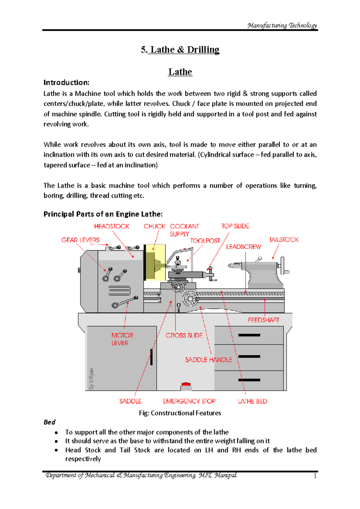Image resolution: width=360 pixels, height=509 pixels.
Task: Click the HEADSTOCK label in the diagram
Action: pos(112,226)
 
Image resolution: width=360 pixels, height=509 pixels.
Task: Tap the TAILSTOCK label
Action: pos(284,240)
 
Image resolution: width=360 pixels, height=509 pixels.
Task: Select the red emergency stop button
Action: pos(186,384)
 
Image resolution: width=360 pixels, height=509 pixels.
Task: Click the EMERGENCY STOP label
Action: pos(189,401)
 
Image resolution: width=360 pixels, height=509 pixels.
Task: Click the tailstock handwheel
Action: pos(283,266)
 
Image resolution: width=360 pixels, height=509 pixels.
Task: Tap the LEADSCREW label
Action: pos(244,247)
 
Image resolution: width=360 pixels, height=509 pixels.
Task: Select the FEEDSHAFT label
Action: pos(263,320)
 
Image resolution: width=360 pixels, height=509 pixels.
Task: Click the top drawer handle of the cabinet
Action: pos(249,335)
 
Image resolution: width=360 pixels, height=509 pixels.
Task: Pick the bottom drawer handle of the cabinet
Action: pos(249,380)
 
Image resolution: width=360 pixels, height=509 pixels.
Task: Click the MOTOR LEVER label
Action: pos(122,339)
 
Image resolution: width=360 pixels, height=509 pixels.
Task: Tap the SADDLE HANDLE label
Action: pos(208,360)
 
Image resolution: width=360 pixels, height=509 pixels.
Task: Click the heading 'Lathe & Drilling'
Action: pos(180,49)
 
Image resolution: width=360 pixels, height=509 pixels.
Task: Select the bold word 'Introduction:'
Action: pos(66,82)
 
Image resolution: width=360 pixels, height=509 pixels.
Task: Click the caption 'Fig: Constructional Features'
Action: pos(180,413)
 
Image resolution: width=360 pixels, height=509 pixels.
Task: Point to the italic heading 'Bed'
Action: pos(49,422)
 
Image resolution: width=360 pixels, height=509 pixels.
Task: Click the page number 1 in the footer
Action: pos(315,476)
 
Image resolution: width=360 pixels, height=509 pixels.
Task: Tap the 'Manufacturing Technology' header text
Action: pos(282,25)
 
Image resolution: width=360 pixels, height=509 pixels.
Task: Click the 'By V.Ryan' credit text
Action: pos(91,379)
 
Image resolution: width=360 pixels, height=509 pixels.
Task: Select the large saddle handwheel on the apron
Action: pos(190,298)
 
